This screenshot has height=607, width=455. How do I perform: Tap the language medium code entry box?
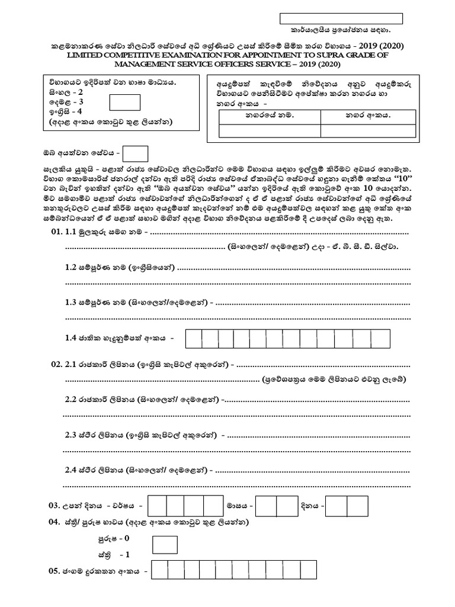click(x=125, y=103)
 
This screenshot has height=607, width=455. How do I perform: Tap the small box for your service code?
click(x=134, y=154)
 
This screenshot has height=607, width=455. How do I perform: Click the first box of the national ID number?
click(x=194, y=338)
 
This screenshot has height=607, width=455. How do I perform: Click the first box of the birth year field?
click(x=156, y=506)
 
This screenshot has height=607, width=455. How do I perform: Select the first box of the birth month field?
click(x=266, y=506)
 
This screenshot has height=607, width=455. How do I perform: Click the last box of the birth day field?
click(x=358, y=506)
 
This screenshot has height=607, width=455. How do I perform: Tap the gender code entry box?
click(x=165, y=544)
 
